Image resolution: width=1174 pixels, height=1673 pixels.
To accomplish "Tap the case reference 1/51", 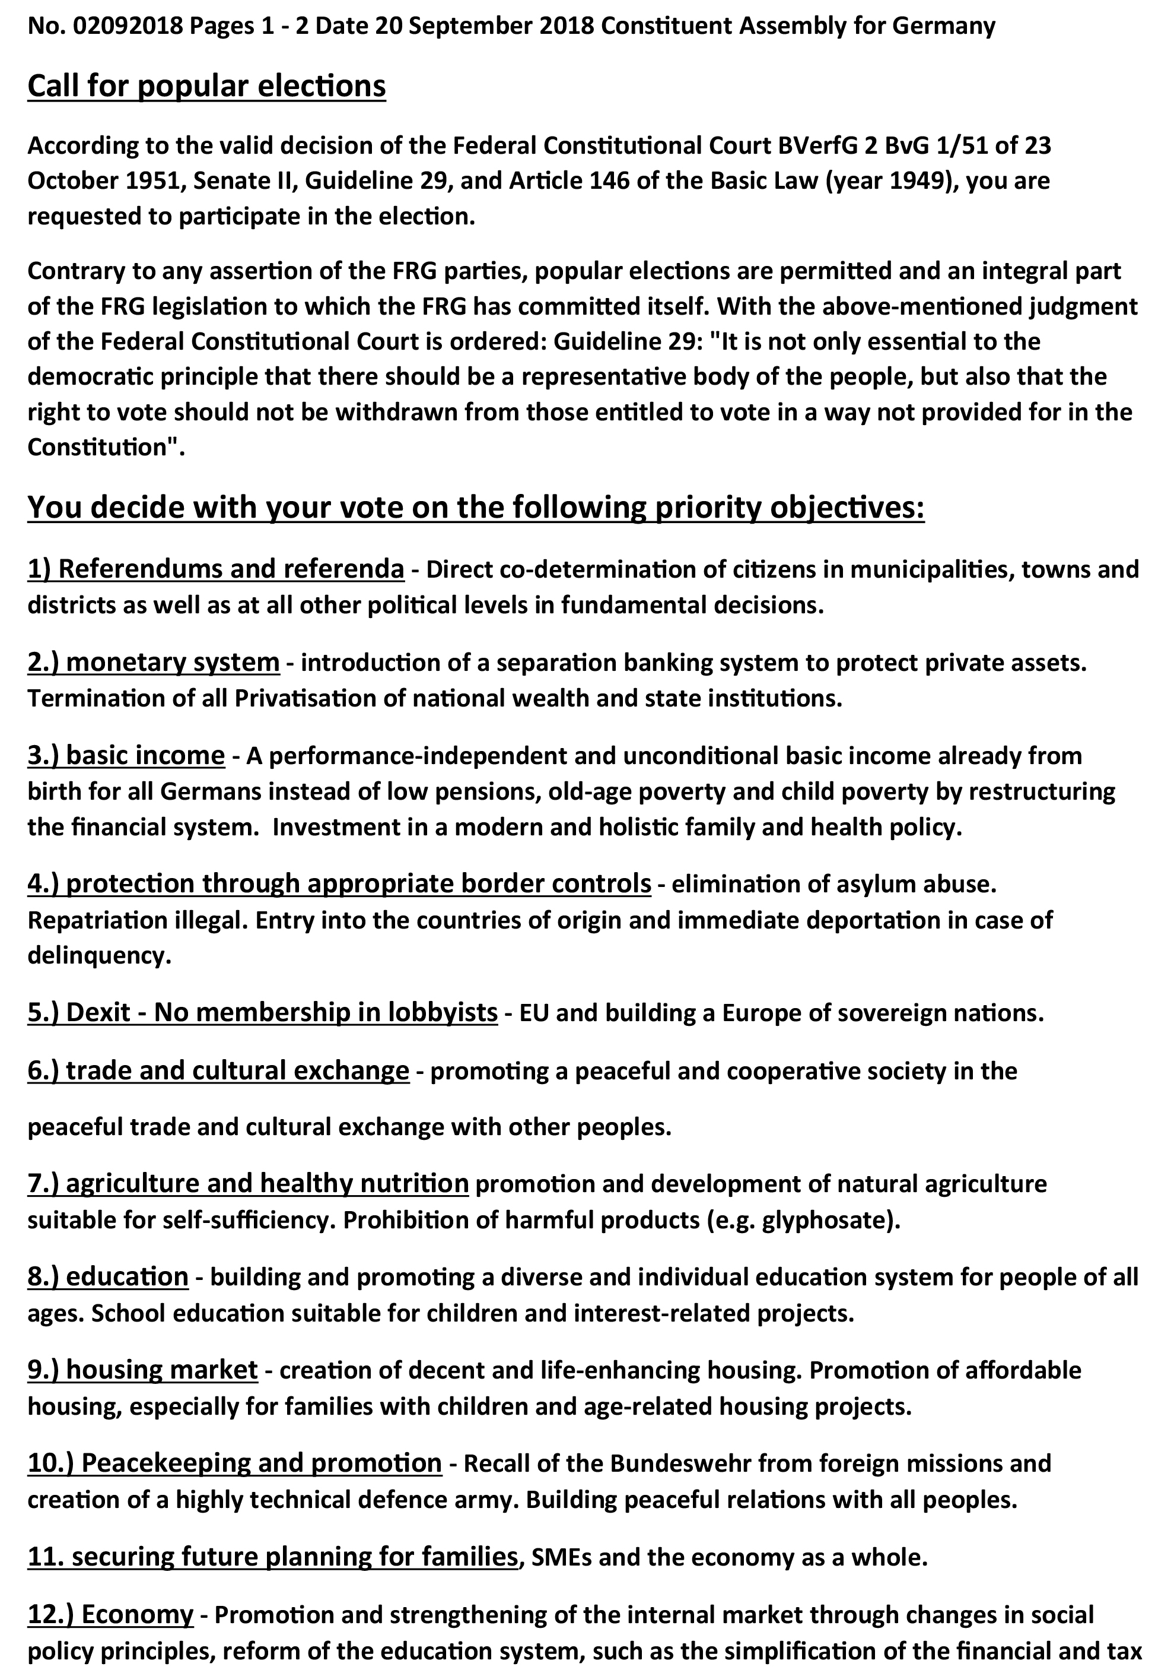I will point(963,145).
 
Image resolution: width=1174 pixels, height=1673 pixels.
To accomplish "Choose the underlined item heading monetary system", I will point(154,663).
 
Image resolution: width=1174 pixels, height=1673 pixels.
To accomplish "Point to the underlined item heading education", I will point(108,1276).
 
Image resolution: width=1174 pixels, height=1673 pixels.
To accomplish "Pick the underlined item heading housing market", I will point(143,1370).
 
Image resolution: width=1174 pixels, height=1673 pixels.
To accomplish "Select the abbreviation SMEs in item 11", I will point(561,1557).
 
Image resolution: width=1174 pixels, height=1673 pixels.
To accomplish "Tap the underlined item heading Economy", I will point(111,1614).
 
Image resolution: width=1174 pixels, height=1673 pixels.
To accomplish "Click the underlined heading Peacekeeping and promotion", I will point(234,1463).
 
